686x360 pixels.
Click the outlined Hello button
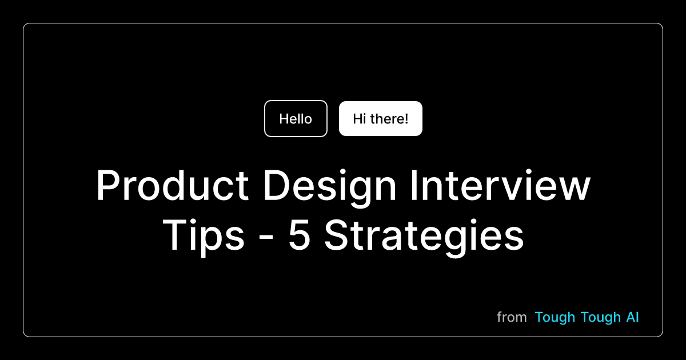click(296, 118)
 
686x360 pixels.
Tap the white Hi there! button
click(381, 118)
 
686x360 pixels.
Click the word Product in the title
click(173, 185)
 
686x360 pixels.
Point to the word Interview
click(500, 185)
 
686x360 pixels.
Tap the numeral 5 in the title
click(299, 235)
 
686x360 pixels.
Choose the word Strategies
click(424, 238)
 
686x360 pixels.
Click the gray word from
click(512, 317)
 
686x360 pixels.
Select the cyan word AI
click(633, 317)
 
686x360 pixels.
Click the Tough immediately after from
click(555, 318)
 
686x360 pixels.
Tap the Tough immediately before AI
click(601, 318)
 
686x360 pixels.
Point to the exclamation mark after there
click(406, 119)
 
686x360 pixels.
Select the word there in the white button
click(387, 119)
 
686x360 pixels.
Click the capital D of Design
click(277, 185)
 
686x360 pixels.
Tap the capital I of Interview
click(414, 185)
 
